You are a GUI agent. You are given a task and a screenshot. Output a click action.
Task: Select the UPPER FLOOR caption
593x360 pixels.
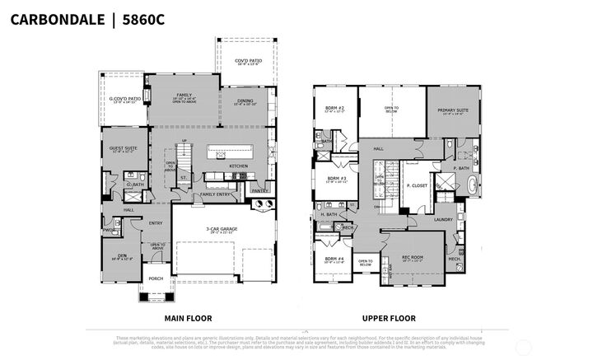coord(389,318)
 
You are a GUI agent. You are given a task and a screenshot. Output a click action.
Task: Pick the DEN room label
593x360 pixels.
coord(121,255)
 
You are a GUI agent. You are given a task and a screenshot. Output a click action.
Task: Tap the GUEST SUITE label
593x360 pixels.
coord(121,149)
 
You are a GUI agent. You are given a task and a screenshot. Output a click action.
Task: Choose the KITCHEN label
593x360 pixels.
coord(239,166)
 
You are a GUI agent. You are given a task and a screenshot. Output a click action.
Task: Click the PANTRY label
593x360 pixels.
coord(259,191)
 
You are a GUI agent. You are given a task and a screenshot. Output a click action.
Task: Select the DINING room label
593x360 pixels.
coord(245,101)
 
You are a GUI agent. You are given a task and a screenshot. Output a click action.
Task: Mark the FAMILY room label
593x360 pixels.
coord(184,95)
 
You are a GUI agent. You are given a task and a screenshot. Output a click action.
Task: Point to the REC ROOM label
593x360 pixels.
coord(412,257)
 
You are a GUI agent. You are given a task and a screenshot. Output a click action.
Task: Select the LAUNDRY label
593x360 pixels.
coord(444,219)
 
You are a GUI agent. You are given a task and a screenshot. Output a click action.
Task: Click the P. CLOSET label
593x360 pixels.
coord(417,186)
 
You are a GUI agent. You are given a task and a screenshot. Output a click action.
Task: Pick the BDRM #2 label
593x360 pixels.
coord(334,108)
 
